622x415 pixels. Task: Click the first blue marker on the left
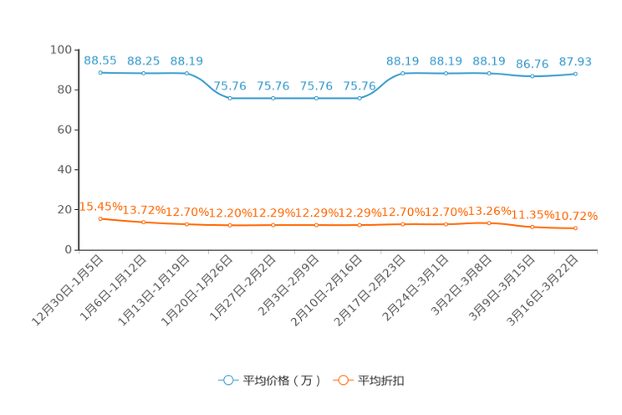[x=100, y=73]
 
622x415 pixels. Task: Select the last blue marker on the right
[x=576, y=74]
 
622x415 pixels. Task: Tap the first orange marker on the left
[x=100, y=218]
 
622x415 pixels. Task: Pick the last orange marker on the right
[x=576, y=228]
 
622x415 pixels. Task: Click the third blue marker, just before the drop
[x=186, y=73]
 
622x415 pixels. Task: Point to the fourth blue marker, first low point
[x=230, y=98]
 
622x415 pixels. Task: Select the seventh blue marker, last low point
[x=359, y=98]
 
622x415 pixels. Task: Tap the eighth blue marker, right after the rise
[x=403, y=73]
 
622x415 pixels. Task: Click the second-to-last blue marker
[x=532, y=76]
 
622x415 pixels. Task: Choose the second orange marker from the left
[x=144, y=223]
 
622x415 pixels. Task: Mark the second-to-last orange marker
[x=532, y=226]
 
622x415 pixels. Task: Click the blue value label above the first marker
[x=100, y=60]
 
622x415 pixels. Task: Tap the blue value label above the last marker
[x=576, y=61]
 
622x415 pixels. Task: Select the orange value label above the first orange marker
[x=100, y=206]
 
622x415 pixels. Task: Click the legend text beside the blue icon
[x=282, y=381]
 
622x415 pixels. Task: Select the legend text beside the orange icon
[x=382, y=381]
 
